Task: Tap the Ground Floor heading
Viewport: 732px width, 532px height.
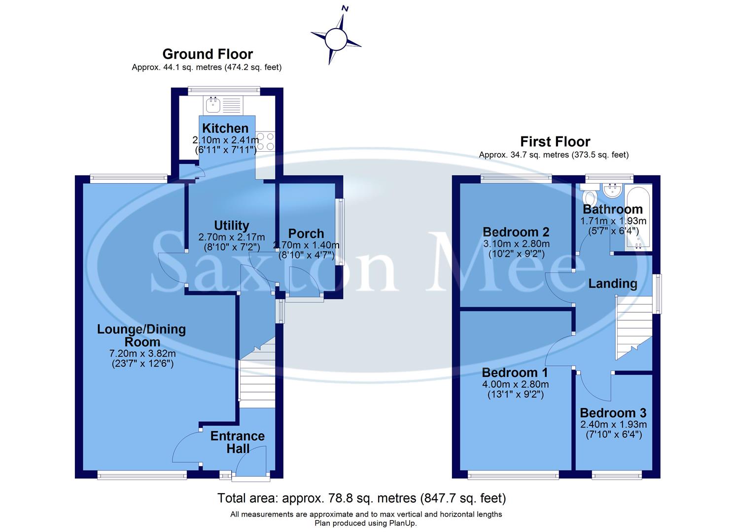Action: [208, 54]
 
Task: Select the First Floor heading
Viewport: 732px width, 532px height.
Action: [555, 142]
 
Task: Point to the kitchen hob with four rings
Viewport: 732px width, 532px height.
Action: [265, 141]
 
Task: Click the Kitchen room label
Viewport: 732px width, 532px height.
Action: [225, 129]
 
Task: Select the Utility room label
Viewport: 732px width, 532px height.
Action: [231, 226]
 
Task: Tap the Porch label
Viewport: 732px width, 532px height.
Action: [306, 233]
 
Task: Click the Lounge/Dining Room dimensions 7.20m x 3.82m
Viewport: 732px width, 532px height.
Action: [142, 354]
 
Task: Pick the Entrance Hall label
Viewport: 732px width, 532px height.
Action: [238, 442]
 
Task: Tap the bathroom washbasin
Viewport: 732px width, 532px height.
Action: [613, 188]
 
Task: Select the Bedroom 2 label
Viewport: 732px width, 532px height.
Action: [516, 232]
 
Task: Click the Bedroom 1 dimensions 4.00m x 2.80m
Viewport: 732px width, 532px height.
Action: [515, 384]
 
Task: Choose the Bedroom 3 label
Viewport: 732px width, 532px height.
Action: [613, 413]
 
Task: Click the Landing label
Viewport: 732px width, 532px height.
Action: [613, 284]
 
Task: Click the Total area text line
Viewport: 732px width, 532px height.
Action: [362, 498]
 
